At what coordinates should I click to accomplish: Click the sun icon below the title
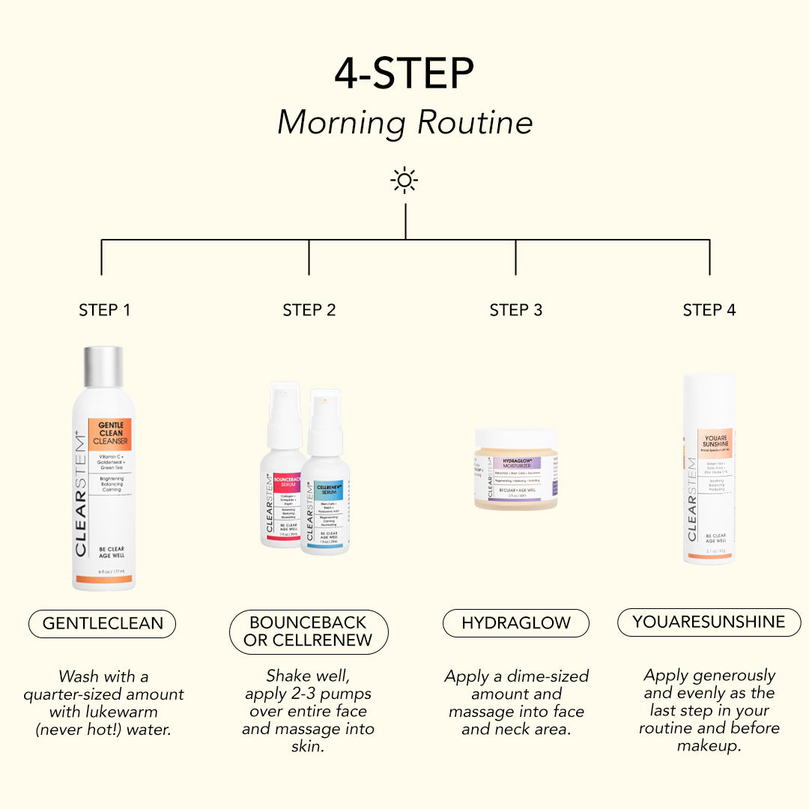[404, 181]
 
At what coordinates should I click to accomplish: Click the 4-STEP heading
[404, 73]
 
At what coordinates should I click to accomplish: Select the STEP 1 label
[104, 310]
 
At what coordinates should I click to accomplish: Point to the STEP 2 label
[309, 310]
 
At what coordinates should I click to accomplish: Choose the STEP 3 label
[515, 310]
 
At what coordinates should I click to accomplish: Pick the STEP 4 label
[709, 310]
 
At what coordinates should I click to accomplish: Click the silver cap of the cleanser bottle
[103, 367]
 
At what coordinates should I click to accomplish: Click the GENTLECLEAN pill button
[102, 623]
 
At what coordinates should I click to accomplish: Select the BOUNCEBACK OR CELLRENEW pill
[309, 632]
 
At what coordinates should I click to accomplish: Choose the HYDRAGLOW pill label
[515, 623]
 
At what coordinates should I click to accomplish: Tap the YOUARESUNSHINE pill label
[709, 622]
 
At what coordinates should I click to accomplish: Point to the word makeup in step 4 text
[709, 746]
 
